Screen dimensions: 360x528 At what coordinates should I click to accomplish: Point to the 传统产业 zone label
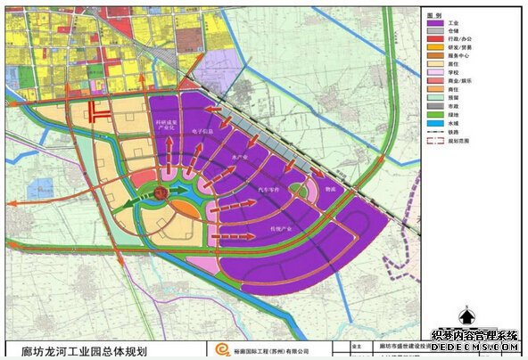pyautogui.click(x=280, y=229)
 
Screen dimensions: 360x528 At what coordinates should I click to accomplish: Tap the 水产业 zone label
pyautogui.click(x=238, y=157)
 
